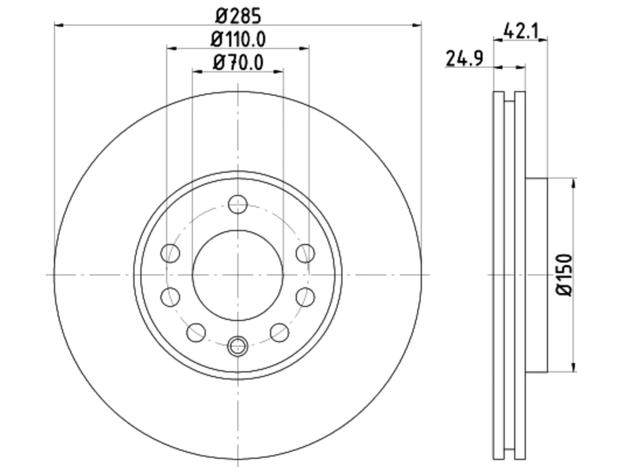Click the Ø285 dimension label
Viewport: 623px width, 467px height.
[238, 16]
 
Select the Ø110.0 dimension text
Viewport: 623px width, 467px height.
[238, 39]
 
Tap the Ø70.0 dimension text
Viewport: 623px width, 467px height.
[238, 63]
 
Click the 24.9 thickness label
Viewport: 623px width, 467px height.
[464, 58]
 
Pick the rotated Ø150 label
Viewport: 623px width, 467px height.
[564, 275]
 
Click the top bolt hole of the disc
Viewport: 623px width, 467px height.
[238, 204]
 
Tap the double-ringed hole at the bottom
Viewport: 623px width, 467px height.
[238, 346]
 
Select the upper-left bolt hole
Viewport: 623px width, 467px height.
[170, 253]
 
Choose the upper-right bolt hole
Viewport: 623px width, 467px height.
[305, 253]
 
